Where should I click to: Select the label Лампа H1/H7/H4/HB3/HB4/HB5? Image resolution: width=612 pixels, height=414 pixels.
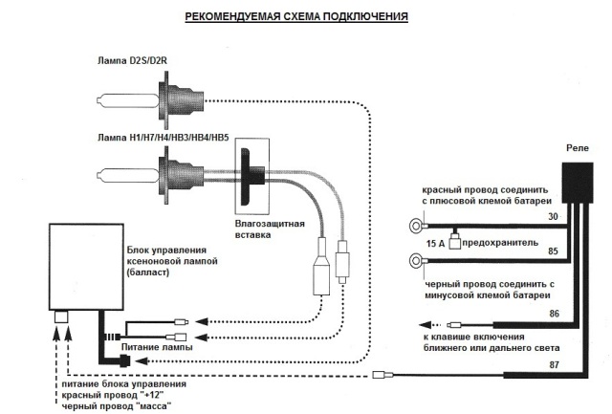pyautogui.click(x=169, y=141)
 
